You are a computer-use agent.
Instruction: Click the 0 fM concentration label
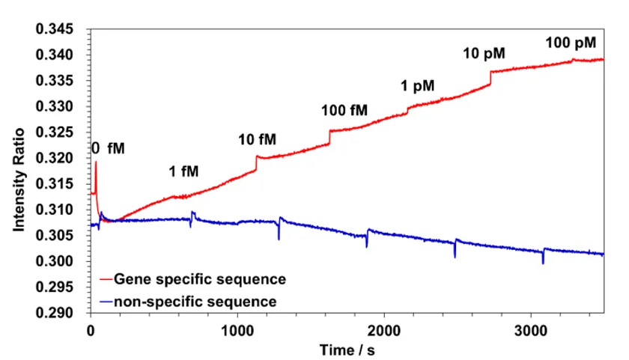click(108, 148)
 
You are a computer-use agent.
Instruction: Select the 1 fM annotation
click(183, 171)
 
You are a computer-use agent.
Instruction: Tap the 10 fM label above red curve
click(258, 139)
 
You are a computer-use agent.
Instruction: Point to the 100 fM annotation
click(344, 111)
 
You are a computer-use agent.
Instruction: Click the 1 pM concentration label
click(418, 85)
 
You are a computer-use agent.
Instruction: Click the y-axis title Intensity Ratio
click(19, 179)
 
